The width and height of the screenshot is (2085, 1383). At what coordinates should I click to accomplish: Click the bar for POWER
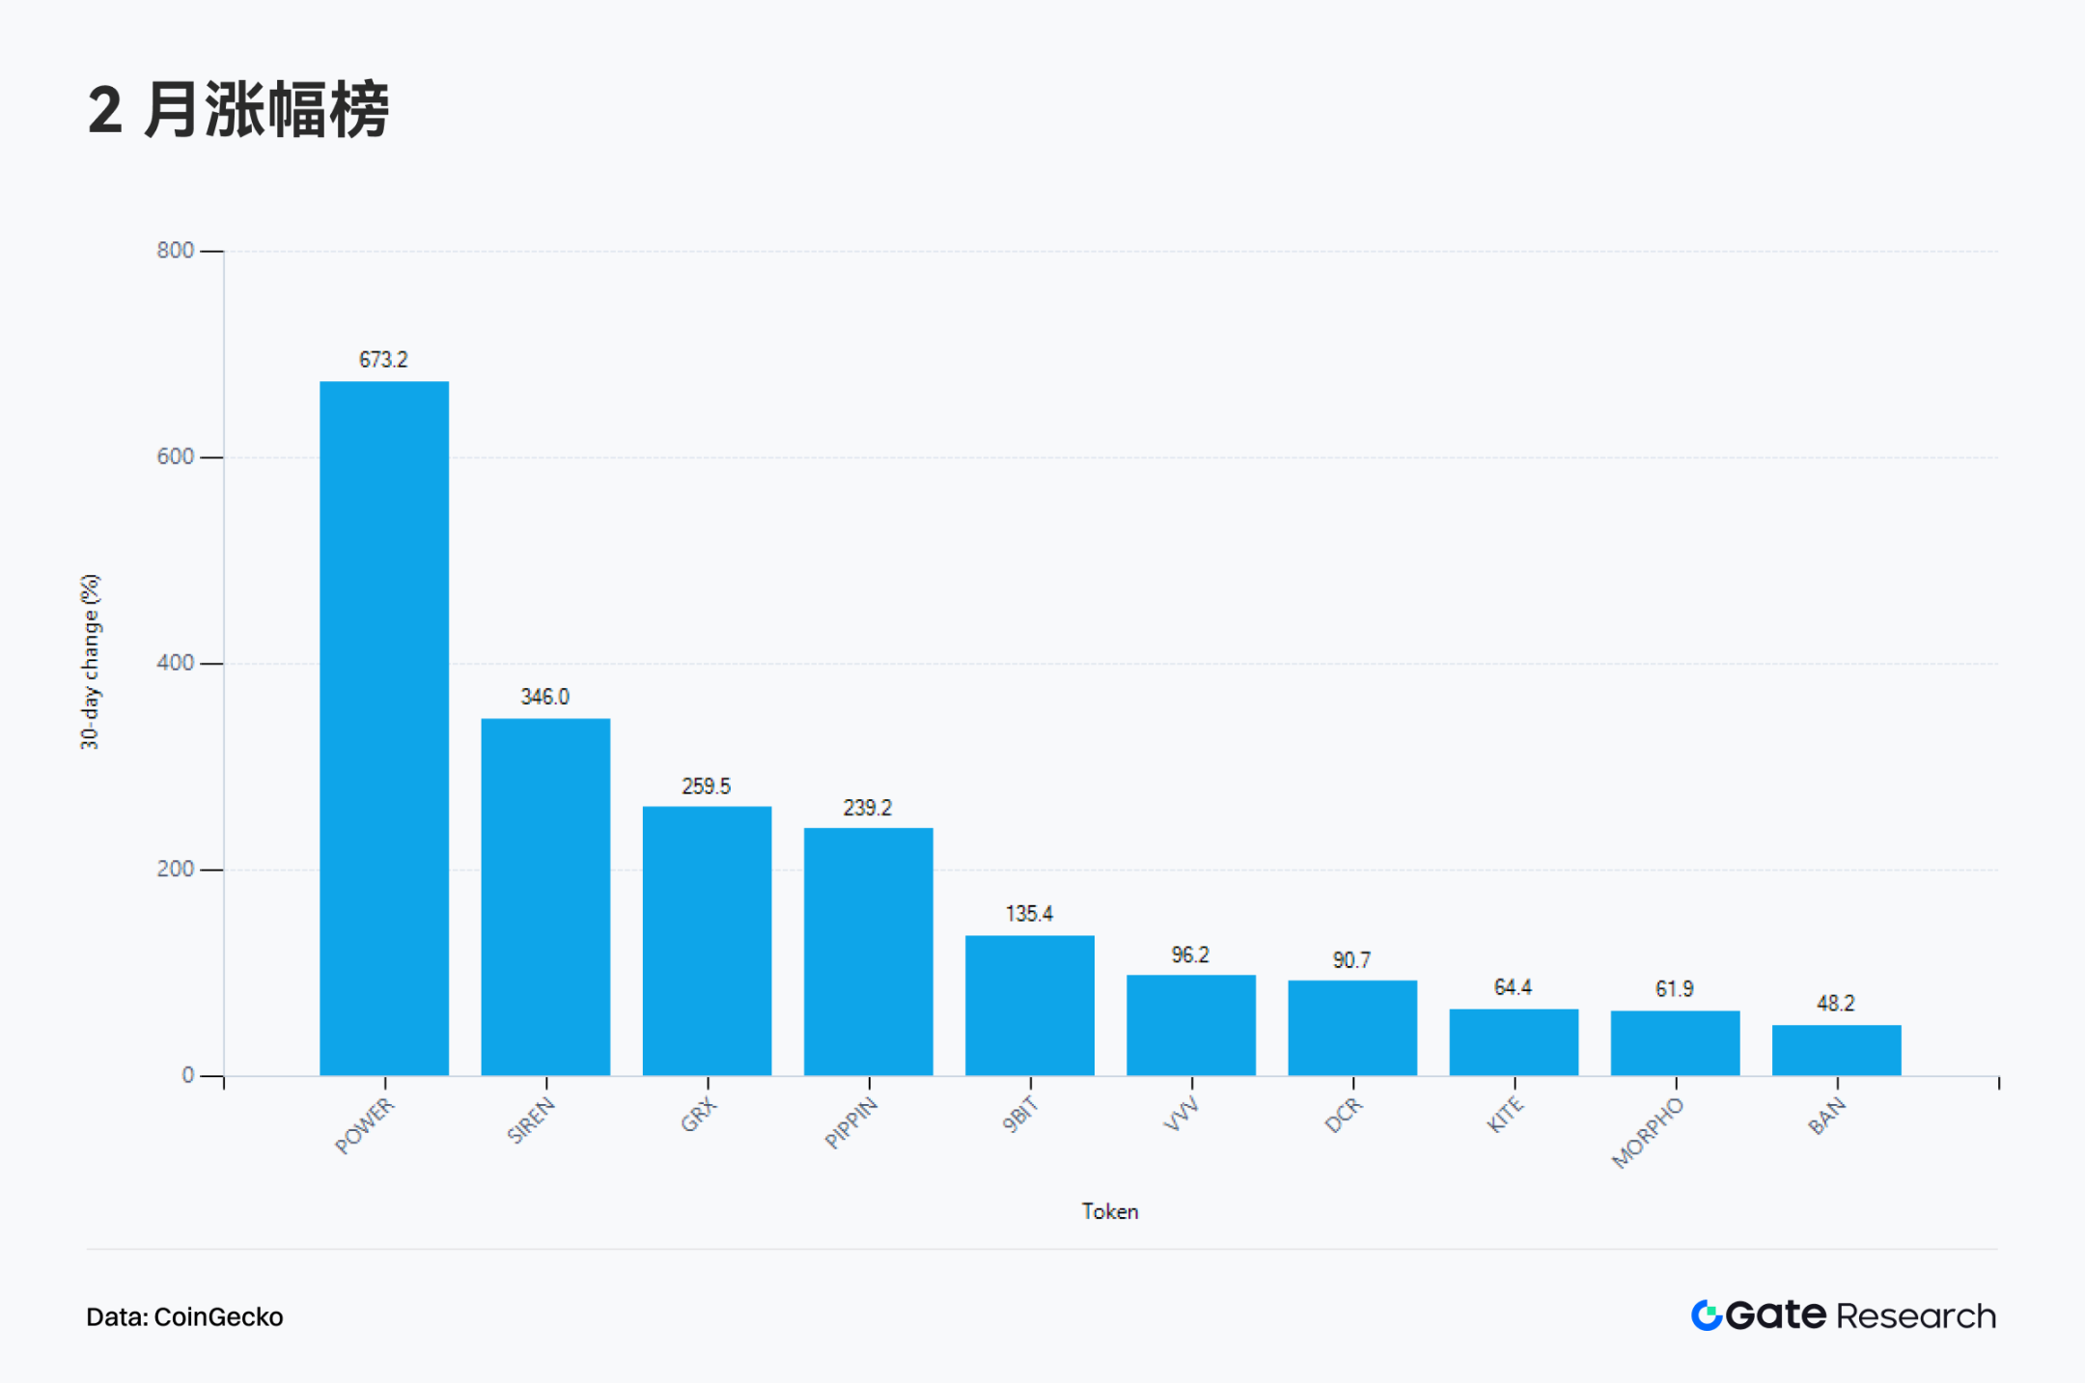384,728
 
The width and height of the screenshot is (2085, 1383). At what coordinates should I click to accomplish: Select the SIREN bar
545,897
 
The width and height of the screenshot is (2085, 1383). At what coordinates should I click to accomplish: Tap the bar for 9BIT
1030,1005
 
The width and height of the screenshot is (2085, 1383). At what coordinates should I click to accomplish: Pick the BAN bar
1836,1050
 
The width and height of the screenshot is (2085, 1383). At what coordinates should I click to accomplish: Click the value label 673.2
383,360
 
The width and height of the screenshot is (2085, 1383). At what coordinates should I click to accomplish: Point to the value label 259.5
706,787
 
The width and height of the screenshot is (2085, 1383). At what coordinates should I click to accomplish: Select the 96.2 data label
1190,955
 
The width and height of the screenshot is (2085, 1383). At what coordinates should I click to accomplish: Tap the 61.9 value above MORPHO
1674,989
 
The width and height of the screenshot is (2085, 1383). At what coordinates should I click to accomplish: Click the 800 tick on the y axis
175,251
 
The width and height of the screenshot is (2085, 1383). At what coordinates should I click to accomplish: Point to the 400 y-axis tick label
175,663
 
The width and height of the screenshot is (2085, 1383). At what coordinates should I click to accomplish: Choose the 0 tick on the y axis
187,1075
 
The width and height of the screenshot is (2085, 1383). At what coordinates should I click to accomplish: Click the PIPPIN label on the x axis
851,1123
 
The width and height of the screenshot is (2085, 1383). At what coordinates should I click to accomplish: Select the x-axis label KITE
1505,1116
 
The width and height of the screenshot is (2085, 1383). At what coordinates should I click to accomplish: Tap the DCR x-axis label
1344,1116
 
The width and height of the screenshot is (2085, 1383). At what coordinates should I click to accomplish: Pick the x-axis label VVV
1181,1115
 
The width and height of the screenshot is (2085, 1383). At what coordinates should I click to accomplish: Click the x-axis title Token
1109,1212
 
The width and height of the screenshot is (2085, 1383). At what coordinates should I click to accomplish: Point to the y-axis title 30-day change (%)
90,662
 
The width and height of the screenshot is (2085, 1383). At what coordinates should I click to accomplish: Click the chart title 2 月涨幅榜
238,110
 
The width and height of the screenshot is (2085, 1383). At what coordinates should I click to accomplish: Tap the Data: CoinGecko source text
184,1317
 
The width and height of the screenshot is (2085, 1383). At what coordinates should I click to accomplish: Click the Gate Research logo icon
1707,1315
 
